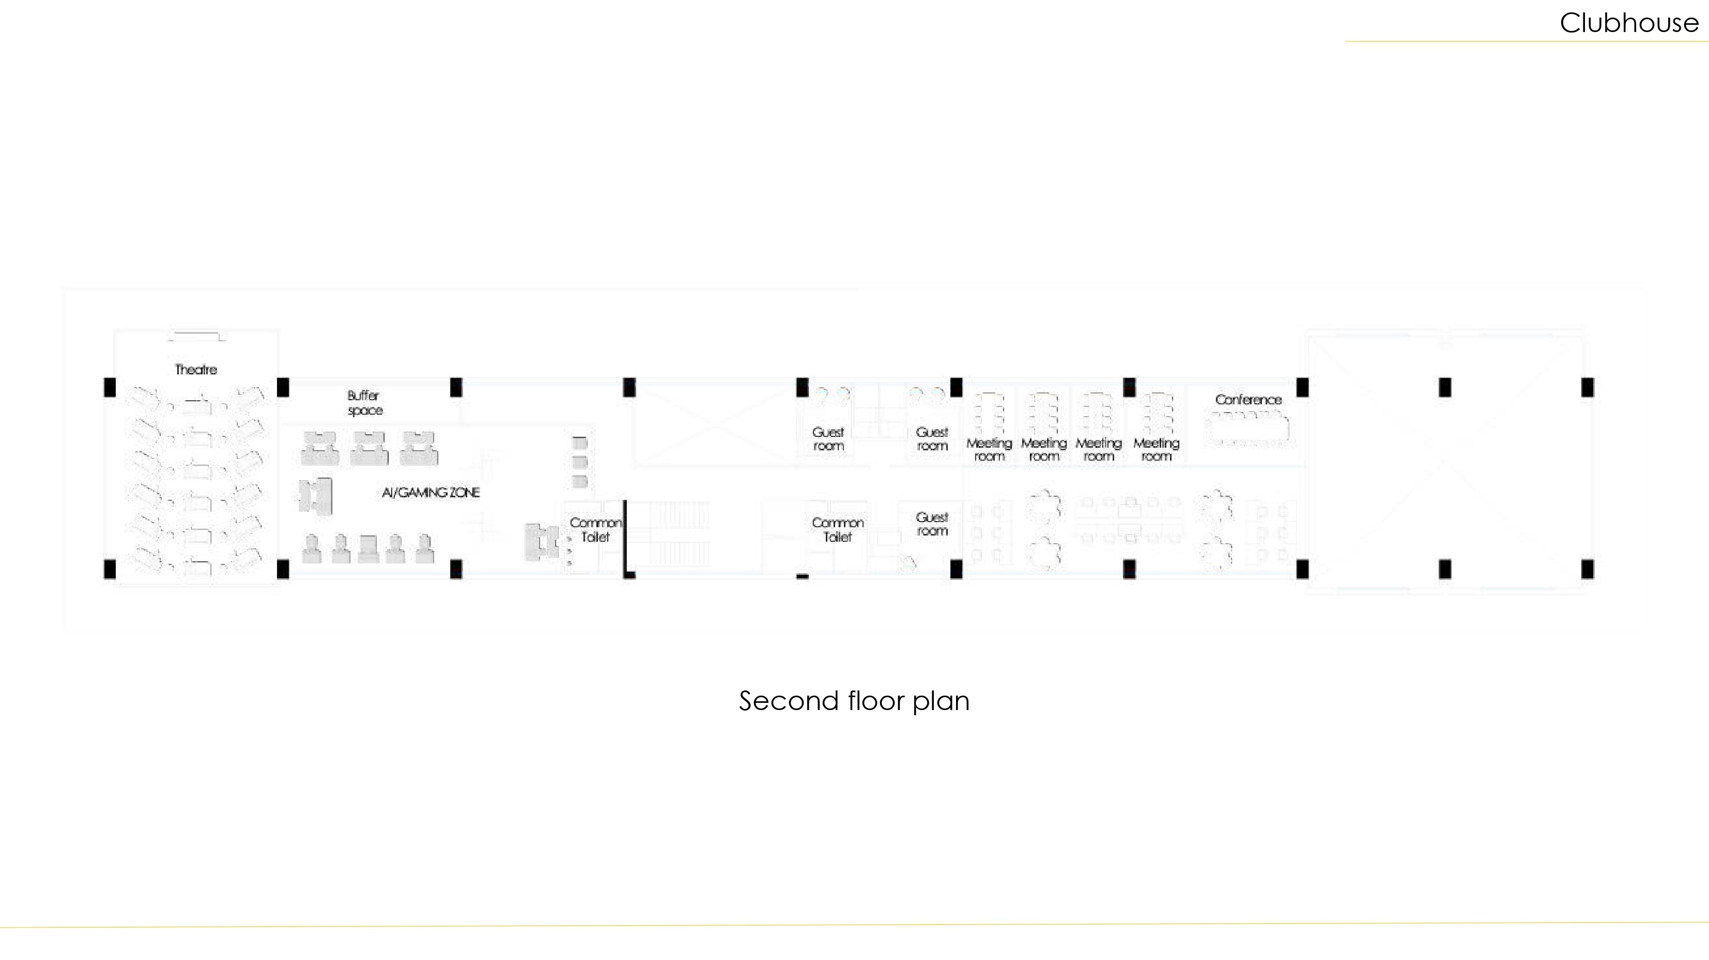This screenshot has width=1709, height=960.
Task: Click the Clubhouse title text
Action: (x=1629, y=23)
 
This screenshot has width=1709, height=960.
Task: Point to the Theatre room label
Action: (x=196, y=369)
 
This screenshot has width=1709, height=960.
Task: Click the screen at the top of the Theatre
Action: (x=196, y=336)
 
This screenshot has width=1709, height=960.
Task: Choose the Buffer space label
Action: (x=364, y=402)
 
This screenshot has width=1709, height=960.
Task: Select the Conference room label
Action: (x=1248, y=400)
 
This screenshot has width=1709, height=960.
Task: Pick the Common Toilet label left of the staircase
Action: (x=595, y=530)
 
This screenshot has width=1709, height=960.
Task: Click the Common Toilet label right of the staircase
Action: (x=837, y=530)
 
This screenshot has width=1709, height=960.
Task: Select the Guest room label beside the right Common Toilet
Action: (x=932, y=524)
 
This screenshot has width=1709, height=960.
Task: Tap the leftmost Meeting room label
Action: (x=989, y=449)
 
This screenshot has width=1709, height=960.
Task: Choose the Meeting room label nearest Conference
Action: (x=1157, y=449)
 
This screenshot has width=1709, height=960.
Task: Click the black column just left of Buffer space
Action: (x=283, y=387)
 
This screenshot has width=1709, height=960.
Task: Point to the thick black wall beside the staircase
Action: (x=625, y=538)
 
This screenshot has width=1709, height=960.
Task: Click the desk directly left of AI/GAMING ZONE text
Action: (x=315, y=495)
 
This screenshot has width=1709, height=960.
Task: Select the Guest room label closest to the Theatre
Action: (x=828, y=439)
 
